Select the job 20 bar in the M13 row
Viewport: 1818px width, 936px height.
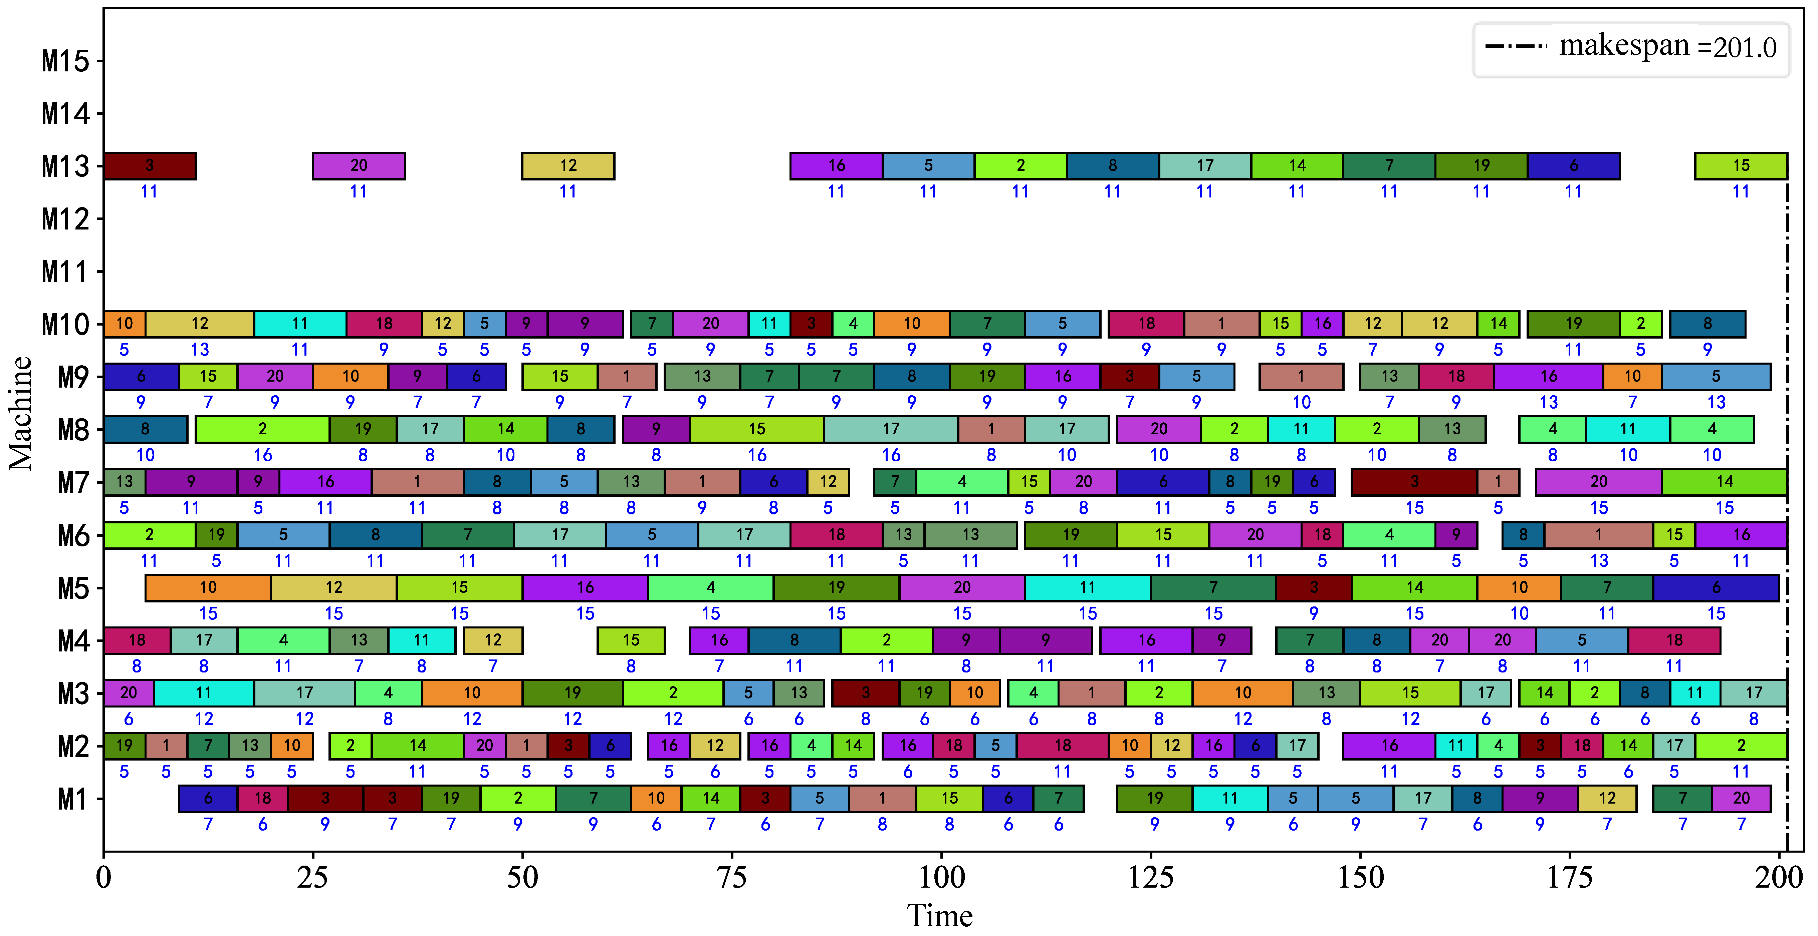tap(359, 166)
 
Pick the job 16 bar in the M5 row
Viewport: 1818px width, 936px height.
tap(585, 587)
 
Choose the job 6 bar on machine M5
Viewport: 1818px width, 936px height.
tap(1716, 587)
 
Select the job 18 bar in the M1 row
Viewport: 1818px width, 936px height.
tap(262, 799)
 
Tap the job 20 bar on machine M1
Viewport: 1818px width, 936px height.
tap(1741, 799)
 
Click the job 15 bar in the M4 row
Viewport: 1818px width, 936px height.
tap(631, 640)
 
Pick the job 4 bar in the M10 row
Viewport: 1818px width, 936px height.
tap(853, 324)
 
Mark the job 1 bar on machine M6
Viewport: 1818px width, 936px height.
tap(1599, 535)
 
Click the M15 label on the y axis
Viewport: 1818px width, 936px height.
tap(66, 61)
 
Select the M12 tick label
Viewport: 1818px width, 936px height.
tap(66, 219)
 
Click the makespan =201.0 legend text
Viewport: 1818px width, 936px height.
tap(1667, 47)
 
